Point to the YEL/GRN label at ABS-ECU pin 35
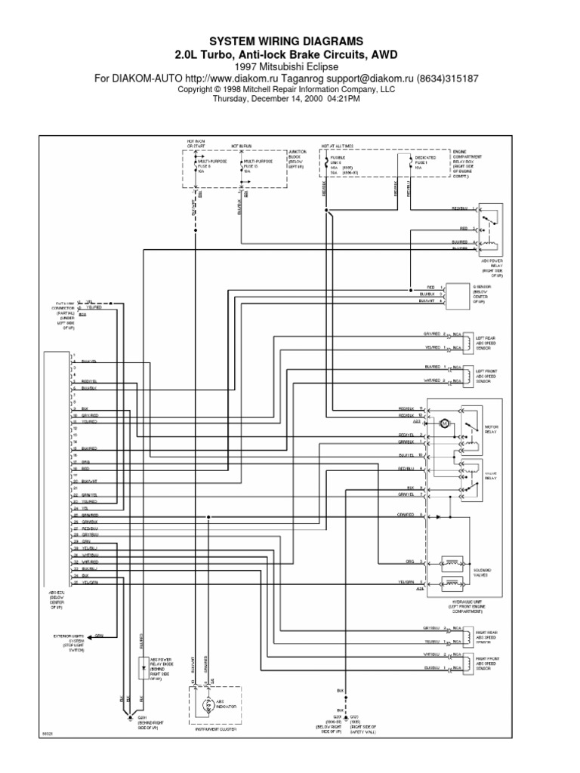click(x=89, y=584)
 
